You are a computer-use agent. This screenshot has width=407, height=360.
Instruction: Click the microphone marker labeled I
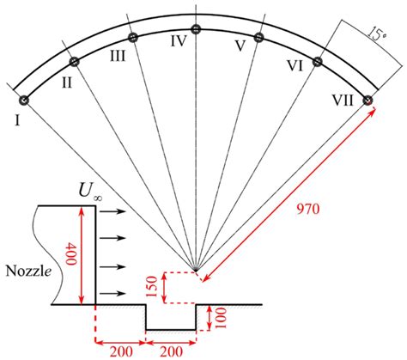pos(24,101)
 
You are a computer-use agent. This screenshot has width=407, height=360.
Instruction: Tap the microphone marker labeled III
pos(133,37)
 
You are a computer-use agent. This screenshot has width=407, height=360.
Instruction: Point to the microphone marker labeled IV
pos(196,29)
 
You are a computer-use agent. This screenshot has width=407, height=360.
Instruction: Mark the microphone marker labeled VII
pos(368,101)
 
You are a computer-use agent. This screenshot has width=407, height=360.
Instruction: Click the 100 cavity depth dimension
pos(222,317)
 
